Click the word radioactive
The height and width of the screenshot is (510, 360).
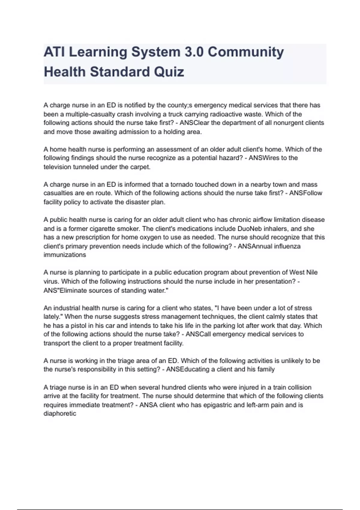point(235,114)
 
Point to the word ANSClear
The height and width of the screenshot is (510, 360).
point(194,123)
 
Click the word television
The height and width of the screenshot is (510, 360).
point(57,167)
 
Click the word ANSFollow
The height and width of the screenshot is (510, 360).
point(306,193)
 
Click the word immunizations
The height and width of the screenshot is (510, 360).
point(65,255)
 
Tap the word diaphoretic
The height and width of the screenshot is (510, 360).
point(60,413)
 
